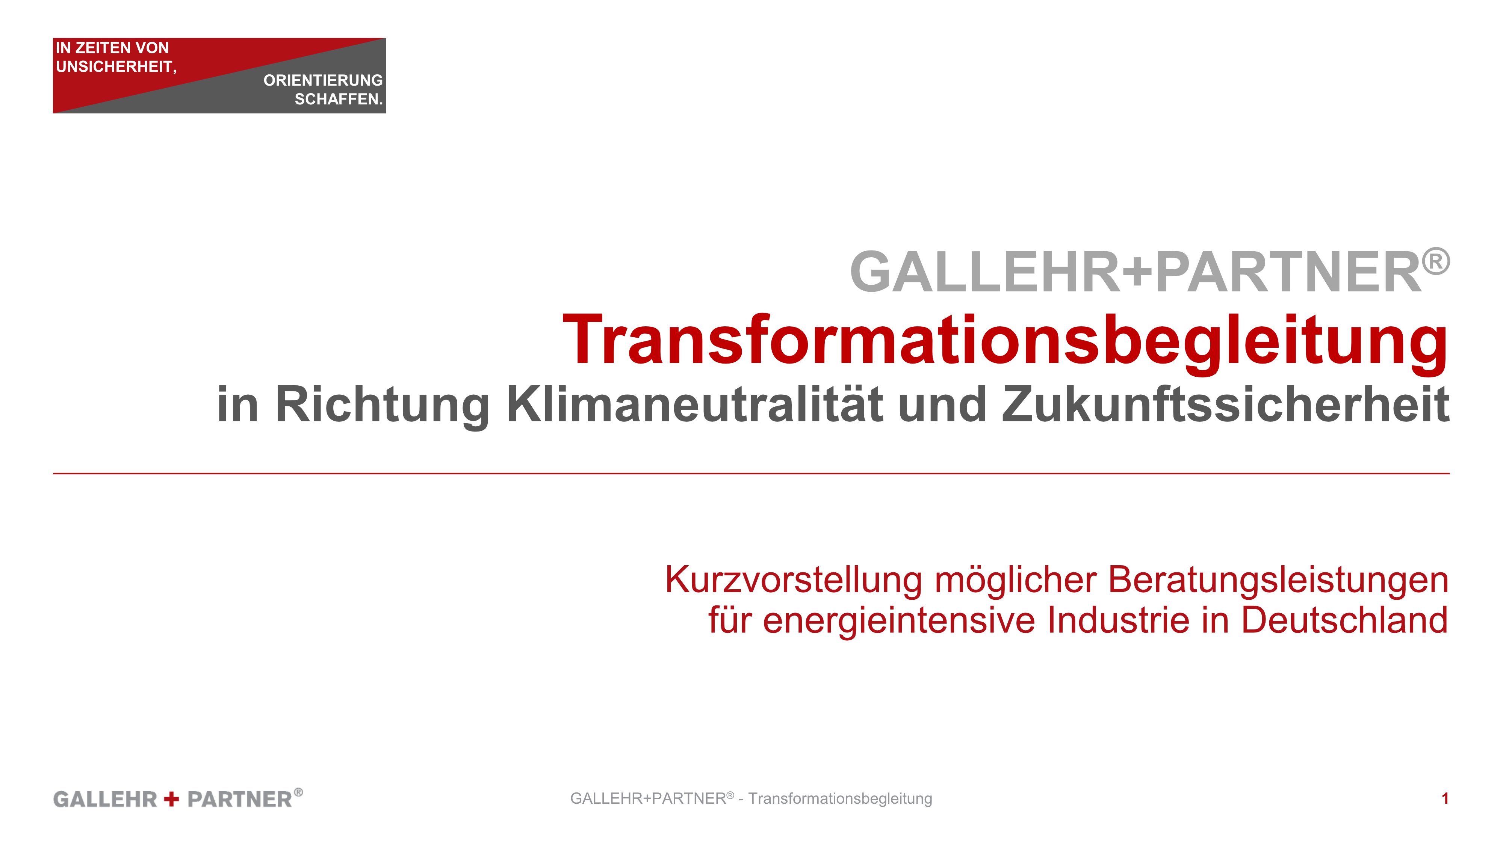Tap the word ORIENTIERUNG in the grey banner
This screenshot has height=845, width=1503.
coord(323,80)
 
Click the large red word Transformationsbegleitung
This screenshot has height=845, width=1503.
coord(1005,341)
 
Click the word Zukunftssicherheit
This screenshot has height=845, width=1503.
coord(1226,404)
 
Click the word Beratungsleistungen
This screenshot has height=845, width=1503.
coord(1278,581)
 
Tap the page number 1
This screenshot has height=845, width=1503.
coord(1445,798)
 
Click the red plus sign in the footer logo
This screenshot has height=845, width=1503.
coord(172,799)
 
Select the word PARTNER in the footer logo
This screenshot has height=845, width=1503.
coord(240,799)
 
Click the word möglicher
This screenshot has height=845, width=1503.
coord(1016,581)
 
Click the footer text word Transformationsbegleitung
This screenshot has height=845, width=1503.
coord(840,799)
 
